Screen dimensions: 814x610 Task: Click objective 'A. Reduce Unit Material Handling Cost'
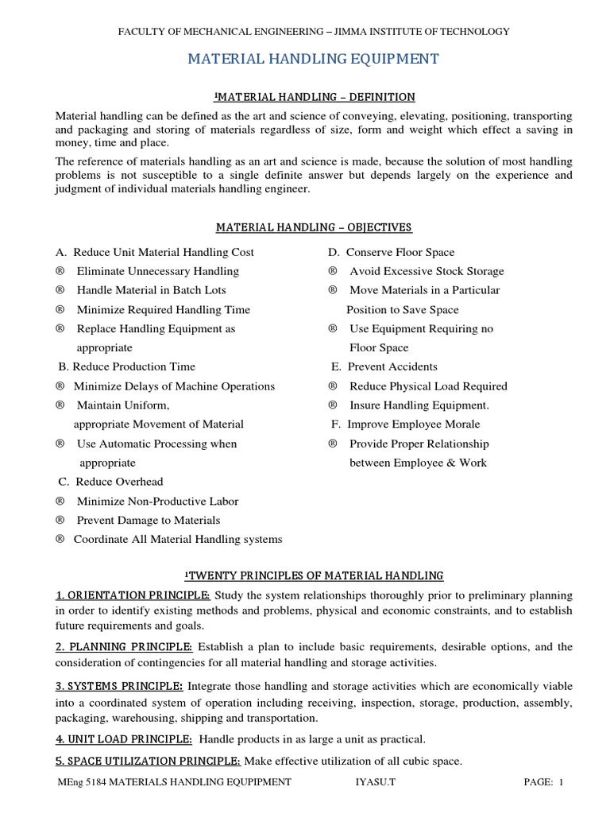click(x=155, y=252)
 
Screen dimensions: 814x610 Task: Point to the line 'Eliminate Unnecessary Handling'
click(x=157, y=271)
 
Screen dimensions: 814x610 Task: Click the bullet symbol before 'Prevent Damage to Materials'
click(x=60, y=521)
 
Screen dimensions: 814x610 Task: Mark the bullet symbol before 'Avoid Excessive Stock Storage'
click(x=333, y=271)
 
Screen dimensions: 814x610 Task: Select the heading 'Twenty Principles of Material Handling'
click(x=314, y=575)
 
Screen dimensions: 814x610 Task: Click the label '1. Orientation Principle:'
click(x=133, y=595)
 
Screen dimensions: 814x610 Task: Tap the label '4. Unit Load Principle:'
click(x=124, y=738)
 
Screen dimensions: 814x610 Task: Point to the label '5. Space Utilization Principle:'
click(x=148, y=761)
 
